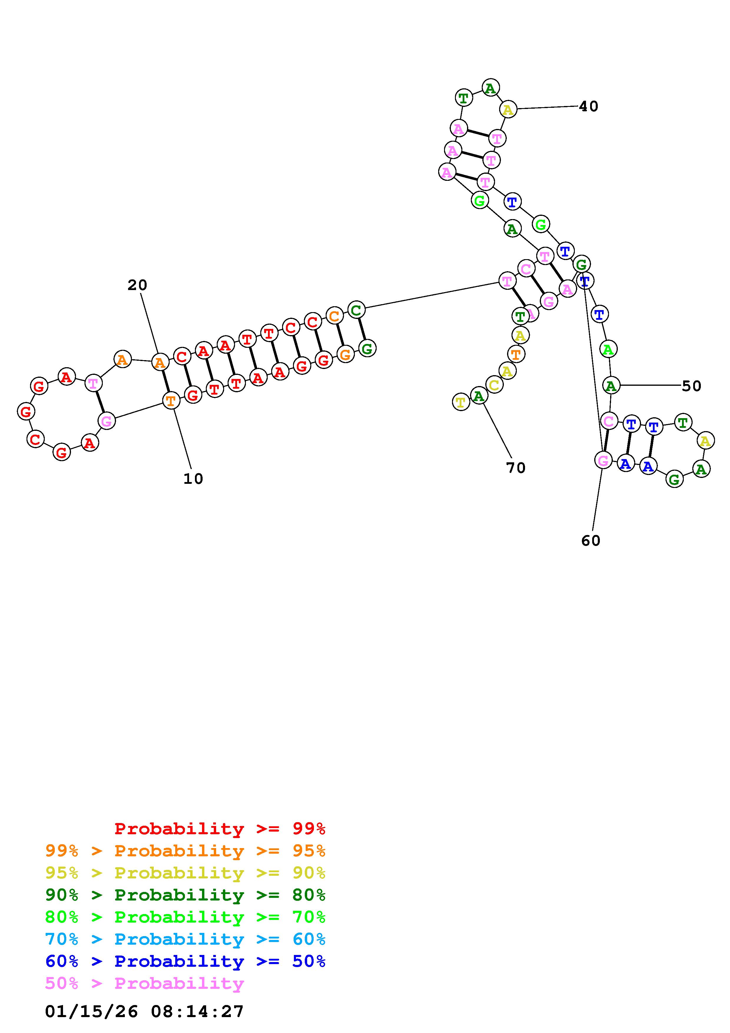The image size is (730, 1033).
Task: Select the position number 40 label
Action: [x=588, y=106]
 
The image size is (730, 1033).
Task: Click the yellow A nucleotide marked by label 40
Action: [x=508, y=109]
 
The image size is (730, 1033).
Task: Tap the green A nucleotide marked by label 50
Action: [x=611, y=385]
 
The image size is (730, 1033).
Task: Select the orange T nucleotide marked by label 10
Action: [x=171, y=400]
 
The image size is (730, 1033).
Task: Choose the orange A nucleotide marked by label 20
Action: [x=160, y=362]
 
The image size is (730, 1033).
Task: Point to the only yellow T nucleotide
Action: [x=461, y=401]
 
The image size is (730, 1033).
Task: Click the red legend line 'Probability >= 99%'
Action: [x=220, y=828]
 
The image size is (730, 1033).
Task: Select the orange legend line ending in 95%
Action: [x=185, y=850]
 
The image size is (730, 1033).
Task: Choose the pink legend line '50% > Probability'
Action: [x=144, y=983]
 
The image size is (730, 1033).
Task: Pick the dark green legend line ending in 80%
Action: [x=185, y=894]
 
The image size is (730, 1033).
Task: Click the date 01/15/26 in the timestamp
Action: [x=91, y=1011]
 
